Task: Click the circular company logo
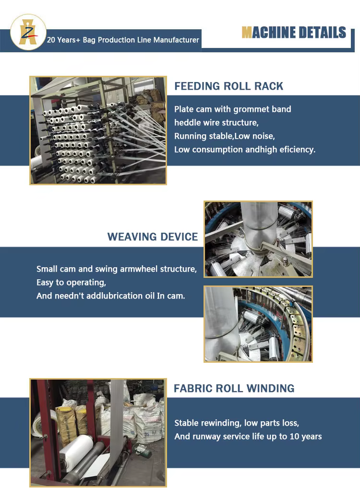(x=28, y=32)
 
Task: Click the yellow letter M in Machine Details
(x=247, y=33)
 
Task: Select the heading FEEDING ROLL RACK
(x=228, y=86)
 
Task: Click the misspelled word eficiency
(x=297, y=150)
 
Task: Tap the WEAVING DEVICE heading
(x=153, y=237)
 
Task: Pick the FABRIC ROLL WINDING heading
(x=234, y=388)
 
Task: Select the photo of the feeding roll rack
(x=98, y=130)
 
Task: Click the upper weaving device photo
(x=258, y=239)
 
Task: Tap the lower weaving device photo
(x=258, y=324)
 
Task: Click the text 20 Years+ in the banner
(x=63, y=40)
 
